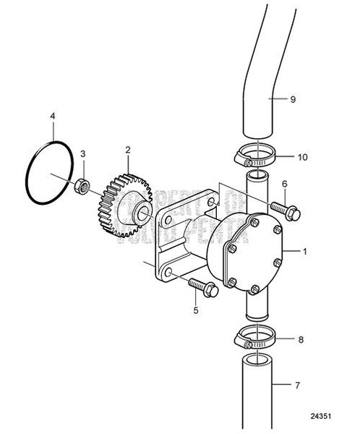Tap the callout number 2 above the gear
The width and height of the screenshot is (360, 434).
tap(127, 150)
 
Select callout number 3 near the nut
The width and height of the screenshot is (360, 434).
tap(83, 153)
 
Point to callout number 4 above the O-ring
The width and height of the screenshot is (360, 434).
tap(52, 115)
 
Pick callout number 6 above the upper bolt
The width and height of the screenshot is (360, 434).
tap(285, 184)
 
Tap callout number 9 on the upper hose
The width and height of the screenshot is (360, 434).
tap(293, 100)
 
